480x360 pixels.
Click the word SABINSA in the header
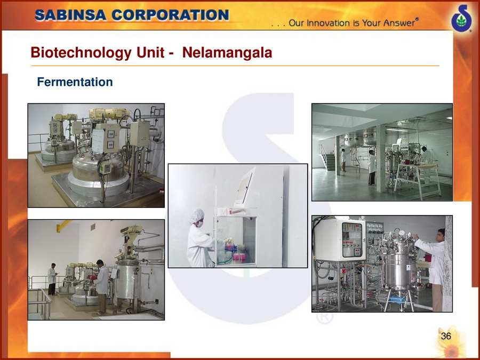[x=71, y=15]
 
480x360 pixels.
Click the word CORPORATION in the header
[x=170, y=15]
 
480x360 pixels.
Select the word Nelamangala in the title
[x=227, y=52]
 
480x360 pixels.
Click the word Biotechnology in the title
[x=82, y=53]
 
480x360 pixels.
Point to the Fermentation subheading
[x=75, y=82]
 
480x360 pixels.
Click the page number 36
[x=446, y=336]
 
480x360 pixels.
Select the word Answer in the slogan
[x=398, y=23]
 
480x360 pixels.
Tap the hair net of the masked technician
[x=196, y=215]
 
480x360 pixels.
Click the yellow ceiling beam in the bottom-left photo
[x=63, y=225]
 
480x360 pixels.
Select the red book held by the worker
[x=92, y=277]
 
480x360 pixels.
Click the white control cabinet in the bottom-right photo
[x=340, y=239]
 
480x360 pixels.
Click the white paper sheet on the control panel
[x=98, y=140]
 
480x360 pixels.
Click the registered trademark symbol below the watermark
[x=324, y=317]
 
